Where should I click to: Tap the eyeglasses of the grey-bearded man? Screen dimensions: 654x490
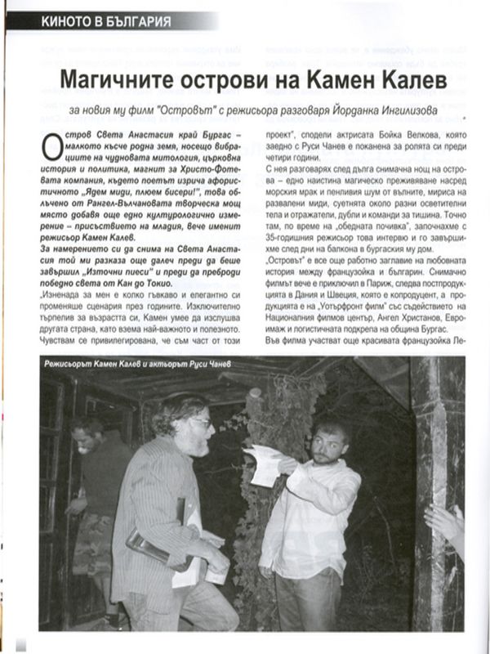(199, 423)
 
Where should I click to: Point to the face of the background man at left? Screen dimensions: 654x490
(84, 435)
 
